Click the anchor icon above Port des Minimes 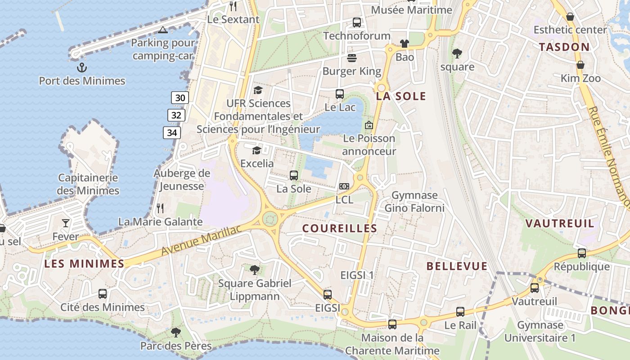pos(81,67)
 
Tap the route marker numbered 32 pos(176,115)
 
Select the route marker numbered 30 pos(180,98)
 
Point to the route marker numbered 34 pos(172,132)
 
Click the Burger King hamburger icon pos(352,58)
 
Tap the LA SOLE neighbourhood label pos(401,96)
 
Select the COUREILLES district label pos(340,229)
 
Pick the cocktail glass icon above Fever pos(66,223)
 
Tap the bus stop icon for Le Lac pos(340,94)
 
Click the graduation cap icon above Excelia pos(256,150)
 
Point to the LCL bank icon pos(344,186)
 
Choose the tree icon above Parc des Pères pos(175,333)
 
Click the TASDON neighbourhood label pos(564,47)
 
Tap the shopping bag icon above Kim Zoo pos(580,65)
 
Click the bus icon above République pos(582,253)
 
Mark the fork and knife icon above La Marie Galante pos(160,208)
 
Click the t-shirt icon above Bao pos(405,44)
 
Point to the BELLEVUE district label pos(457,266)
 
